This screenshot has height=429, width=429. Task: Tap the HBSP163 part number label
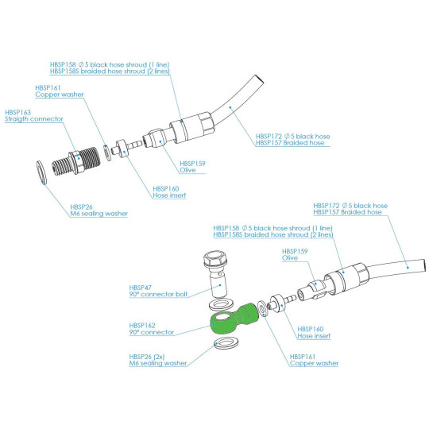tap(17, 114)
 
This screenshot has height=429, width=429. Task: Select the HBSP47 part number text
tap(140, 287)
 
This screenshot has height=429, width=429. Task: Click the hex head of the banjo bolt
tap(214, 261)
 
